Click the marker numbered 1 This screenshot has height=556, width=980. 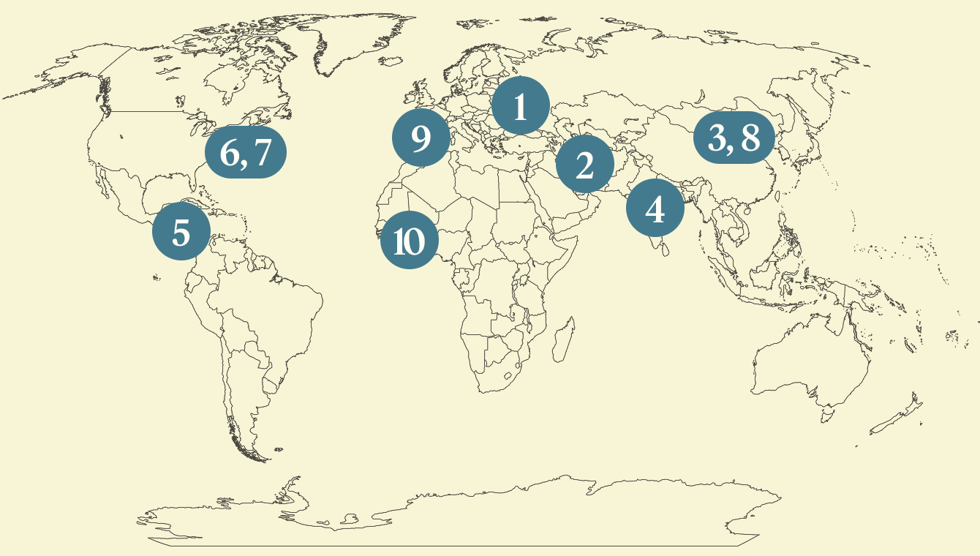click(x=520, y=106)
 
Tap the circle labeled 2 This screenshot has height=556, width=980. click(x=584, y=165)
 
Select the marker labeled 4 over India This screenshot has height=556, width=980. click(x=655, y=209)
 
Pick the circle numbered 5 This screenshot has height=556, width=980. click(x=181, y=233)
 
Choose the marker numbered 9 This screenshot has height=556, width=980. click(x=421, y=138)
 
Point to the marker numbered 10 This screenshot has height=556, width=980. click(x=409, y=241)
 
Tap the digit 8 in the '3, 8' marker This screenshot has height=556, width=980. click(x=750, y=137)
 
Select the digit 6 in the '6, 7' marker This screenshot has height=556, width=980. click(x=228, y=153)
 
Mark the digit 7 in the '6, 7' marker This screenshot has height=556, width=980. click(x=262, y=153)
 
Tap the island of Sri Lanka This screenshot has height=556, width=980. click(x=664, y=249)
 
